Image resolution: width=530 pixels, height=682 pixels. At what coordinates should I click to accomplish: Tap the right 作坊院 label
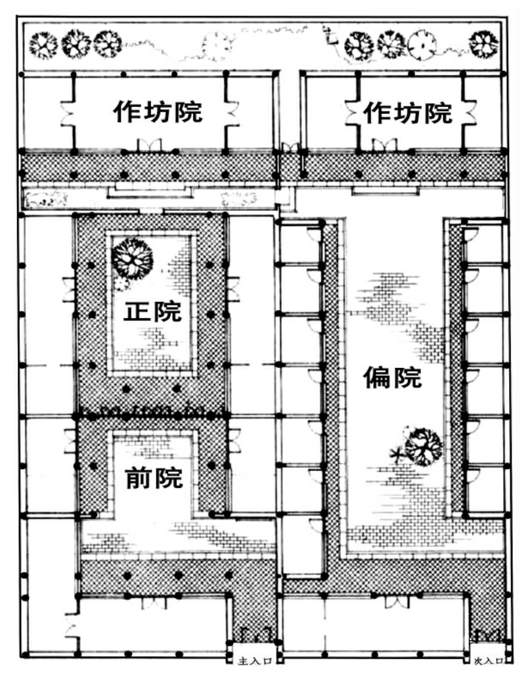(409, 113)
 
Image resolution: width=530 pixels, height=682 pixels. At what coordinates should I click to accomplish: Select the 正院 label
(152, 311)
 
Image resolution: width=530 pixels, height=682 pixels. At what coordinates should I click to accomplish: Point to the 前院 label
(154, 478)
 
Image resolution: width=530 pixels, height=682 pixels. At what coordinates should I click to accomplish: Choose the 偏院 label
(392, 378)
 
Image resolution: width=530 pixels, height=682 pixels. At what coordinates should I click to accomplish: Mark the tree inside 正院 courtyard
(131, 258)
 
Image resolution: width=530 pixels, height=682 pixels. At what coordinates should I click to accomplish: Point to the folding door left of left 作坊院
(67, 114)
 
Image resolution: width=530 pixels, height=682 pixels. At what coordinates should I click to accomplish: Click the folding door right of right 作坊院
(470, 113)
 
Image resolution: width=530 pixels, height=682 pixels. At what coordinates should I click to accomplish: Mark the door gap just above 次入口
(488, 634)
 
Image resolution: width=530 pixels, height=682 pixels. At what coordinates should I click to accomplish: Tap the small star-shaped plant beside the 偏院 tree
(395, 453)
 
